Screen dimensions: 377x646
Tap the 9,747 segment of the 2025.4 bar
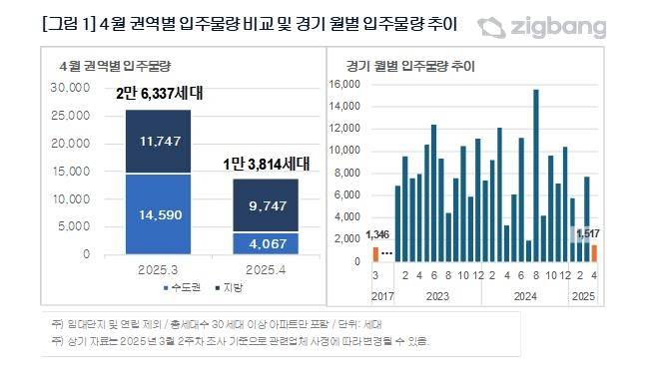pyautogui.click(x=265, y=206)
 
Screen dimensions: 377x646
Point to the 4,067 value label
pyautogui.click(x=265, y=242)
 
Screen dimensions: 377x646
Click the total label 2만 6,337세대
pyautogui.click(x=159, y=95)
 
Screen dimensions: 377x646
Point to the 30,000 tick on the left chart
pyautogui.click(x=68, y=88)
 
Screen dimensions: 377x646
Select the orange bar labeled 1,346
pyautogui.click(x=376, y=254)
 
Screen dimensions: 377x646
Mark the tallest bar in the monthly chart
pyautogui.click(x=536, y=176)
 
